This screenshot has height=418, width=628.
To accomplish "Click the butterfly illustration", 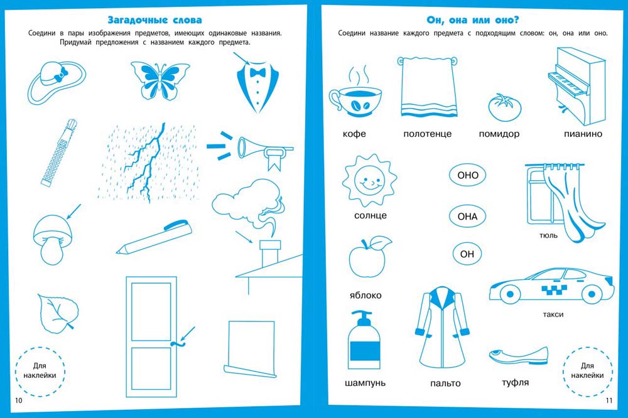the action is point(160,80).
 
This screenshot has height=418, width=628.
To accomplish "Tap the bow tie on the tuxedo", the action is point(257,72).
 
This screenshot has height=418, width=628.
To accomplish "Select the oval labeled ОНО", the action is point(467,175).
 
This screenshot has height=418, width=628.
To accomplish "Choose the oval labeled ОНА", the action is point(467,216).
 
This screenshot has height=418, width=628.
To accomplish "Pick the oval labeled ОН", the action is point(467,254).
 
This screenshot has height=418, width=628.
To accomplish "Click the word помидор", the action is point(499,134).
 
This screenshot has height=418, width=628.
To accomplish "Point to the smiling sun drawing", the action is point(369,181).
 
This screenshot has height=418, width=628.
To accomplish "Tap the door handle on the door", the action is point(176,343).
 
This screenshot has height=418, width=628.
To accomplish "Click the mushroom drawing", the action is point(53,239).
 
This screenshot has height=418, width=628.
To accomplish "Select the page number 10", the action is point(19,400).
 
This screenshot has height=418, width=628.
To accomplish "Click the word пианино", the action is point(583,134).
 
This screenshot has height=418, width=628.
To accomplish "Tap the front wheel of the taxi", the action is point(510,294).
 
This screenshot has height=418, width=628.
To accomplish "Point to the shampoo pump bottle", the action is point(364,340).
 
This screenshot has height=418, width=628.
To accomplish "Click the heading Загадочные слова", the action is point(154,19).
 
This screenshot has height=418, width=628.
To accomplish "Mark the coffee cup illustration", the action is point(355,93).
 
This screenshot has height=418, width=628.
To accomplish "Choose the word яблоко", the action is point(365,296).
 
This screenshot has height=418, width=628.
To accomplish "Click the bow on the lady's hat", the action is point(62,74).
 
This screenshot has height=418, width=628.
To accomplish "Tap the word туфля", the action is point(516,382).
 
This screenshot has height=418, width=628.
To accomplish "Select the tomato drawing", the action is point(505,107).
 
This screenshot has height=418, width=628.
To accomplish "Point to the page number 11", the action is point(609,400).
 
